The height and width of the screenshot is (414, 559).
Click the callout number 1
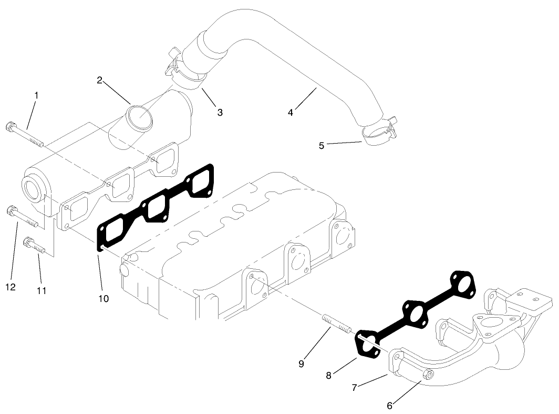coord(36,95)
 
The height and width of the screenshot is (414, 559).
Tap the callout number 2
coord(99,80)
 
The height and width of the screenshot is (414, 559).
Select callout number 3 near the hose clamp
coord(220,112)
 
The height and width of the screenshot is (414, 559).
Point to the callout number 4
coord(291,112)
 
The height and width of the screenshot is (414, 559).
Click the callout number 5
coord(322,145)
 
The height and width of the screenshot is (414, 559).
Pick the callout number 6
coord(389,406)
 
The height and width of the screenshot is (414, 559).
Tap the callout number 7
coord(355,388)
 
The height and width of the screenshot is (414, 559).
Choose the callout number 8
coord(328,375)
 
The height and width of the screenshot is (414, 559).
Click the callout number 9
coord(301,363)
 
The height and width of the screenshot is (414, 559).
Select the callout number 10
coord(103,298)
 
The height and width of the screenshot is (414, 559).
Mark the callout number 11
coord(42,290)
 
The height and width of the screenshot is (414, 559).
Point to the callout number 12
coord(11,287)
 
